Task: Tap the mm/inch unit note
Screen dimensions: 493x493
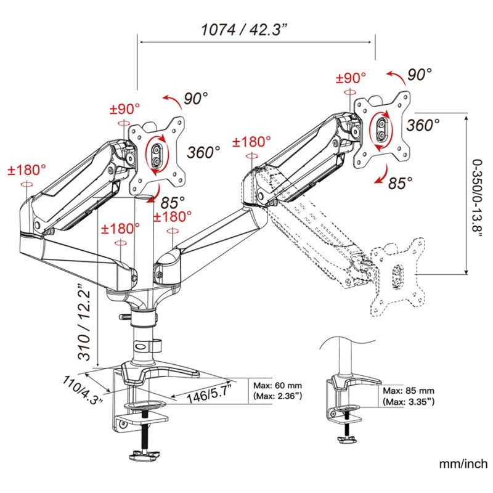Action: click(x=463, y=463)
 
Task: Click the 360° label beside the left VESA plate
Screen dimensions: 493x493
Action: click(x=204, y=152)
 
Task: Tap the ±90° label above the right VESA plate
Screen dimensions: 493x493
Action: click(x=350, y=78)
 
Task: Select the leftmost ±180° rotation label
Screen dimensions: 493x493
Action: click(x=27, y=170)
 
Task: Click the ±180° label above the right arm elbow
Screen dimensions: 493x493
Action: click(x=251, y=142)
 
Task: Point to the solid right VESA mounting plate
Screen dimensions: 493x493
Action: click(x=383, y=130)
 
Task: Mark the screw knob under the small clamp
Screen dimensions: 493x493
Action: click(x=346, y=439)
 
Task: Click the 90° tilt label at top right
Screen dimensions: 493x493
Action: click(x=420, y=75)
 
